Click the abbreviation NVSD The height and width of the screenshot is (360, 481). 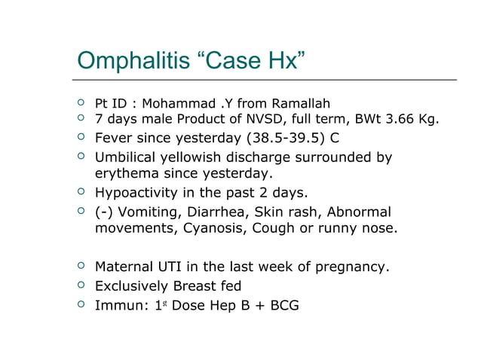tap(256, 119)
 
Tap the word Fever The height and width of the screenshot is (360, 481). tap(114, 139)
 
